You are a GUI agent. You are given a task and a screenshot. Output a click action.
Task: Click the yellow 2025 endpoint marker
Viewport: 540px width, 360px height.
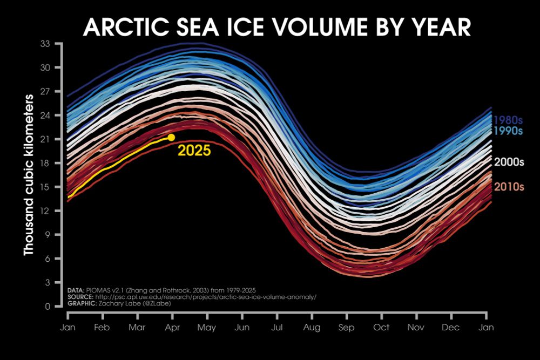pyautogui.click(x=171, y=137)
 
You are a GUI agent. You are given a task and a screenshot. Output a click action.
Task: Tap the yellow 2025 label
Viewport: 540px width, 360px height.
pyautogui.click(x=194, y=151)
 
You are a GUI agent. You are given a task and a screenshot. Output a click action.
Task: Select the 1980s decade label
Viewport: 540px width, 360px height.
pyautogui.click(x=509, y=120)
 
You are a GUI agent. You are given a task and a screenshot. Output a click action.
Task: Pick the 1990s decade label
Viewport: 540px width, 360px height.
pyautogui.click(x=509, y=131)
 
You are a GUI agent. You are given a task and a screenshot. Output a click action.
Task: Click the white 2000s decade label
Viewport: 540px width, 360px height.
pyautogui.click(x=509, y=161)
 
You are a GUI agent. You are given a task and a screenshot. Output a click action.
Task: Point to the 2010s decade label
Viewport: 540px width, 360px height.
pyautogui.click(x=509, y=187)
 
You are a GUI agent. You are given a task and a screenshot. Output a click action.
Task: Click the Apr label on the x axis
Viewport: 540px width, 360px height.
pyautogui.click(x=172, y=328)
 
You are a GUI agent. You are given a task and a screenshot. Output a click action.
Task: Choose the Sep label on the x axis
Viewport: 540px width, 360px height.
pyautogui.click(x=347, y=328)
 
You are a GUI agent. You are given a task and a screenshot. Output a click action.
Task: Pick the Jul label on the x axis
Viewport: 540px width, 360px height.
pyautogui.click(x=277, y=328)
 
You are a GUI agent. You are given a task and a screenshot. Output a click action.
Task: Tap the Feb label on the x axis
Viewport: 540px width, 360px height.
pyautogui.click(x=103, y=328)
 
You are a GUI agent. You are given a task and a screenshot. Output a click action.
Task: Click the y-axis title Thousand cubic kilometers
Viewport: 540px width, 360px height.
pyautogui.click(x=29, y=175)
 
